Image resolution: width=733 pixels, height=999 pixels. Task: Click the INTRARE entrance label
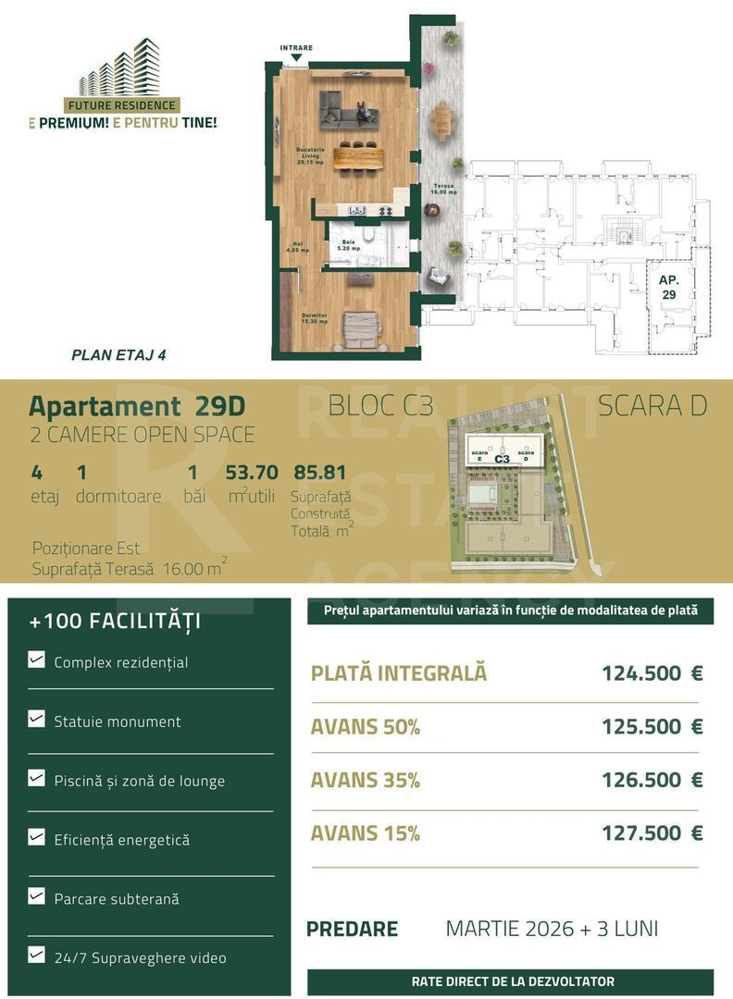click(296, 48)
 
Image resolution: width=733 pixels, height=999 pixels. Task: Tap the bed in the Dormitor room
click(361, 328)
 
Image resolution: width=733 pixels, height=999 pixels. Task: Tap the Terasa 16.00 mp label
click(445, 189)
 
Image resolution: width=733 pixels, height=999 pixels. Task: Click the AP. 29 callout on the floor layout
click(668, 287)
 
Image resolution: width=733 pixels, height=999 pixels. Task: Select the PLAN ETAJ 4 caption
click(118, 354)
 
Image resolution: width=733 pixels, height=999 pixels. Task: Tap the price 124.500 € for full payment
click(652, 673)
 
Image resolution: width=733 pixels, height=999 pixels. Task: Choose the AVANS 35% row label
click(365, 780)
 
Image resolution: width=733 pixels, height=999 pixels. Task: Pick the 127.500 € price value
click(652, 833)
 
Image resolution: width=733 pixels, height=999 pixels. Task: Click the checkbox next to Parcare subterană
click(36, 896)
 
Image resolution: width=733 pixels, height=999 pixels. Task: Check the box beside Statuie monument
click(36, 719)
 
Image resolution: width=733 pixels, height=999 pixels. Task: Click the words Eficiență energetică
click(121, 840)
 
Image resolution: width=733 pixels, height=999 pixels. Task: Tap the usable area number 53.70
click(252, 473)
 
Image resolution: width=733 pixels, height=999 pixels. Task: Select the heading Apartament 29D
click(138, 406)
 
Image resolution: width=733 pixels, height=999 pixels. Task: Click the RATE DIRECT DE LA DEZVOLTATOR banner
click(511, 981)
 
